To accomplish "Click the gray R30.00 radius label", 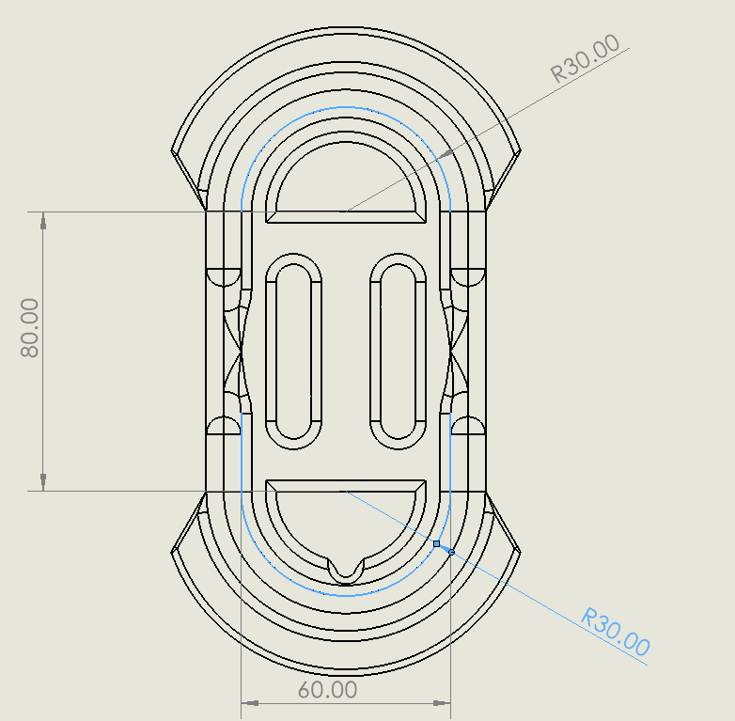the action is (585, 58).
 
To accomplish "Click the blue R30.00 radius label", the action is (616, 632).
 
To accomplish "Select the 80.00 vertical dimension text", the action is (29, 328).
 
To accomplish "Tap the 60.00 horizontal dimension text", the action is (327, 690).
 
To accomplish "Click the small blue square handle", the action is (436, 543).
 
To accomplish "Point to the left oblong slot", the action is (293, 352).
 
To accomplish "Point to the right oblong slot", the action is (398, 352).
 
